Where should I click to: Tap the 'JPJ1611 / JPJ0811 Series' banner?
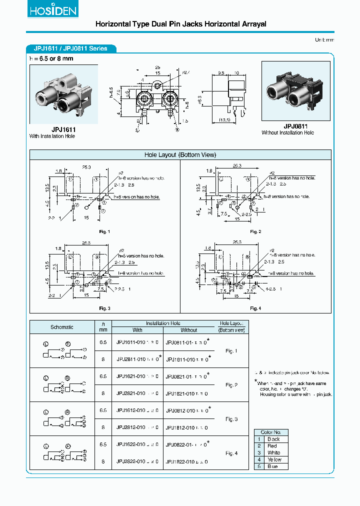[x=70, y=49]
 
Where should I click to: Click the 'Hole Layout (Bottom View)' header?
[x=180, y=155]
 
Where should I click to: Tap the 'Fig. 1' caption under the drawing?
[x=104, y=231]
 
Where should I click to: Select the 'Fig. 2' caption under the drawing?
[x=255, y=231]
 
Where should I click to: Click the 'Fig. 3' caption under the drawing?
[x=104, y=308]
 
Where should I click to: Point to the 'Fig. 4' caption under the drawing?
[x=255, y=308]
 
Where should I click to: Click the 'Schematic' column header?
[x=62, y=327]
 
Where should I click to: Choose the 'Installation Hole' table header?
[x=163, y=323]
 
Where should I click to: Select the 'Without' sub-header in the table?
[x=188, y=330]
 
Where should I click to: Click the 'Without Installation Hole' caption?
[x=288, y=133]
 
